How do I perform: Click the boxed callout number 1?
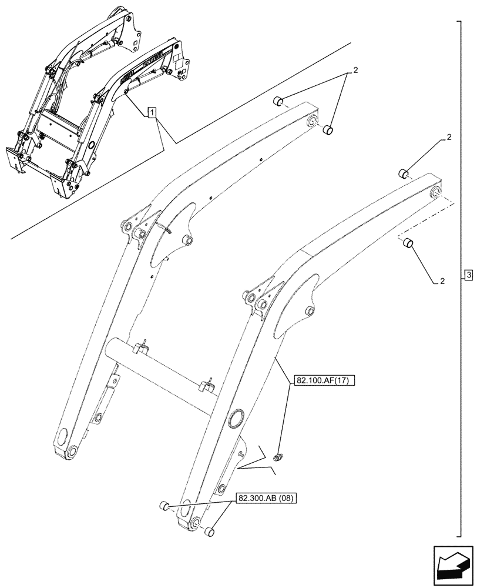152,112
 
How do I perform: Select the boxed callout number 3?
468,275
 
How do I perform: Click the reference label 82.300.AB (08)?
267,499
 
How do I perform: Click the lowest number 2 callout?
441,281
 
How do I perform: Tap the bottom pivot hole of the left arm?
71,452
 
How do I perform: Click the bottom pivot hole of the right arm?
196,522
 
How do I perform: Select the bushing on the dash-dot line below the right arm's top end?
408,243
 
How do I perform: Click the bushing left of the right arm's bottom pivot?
164,506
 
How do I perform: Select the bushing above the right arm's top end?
404,173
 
